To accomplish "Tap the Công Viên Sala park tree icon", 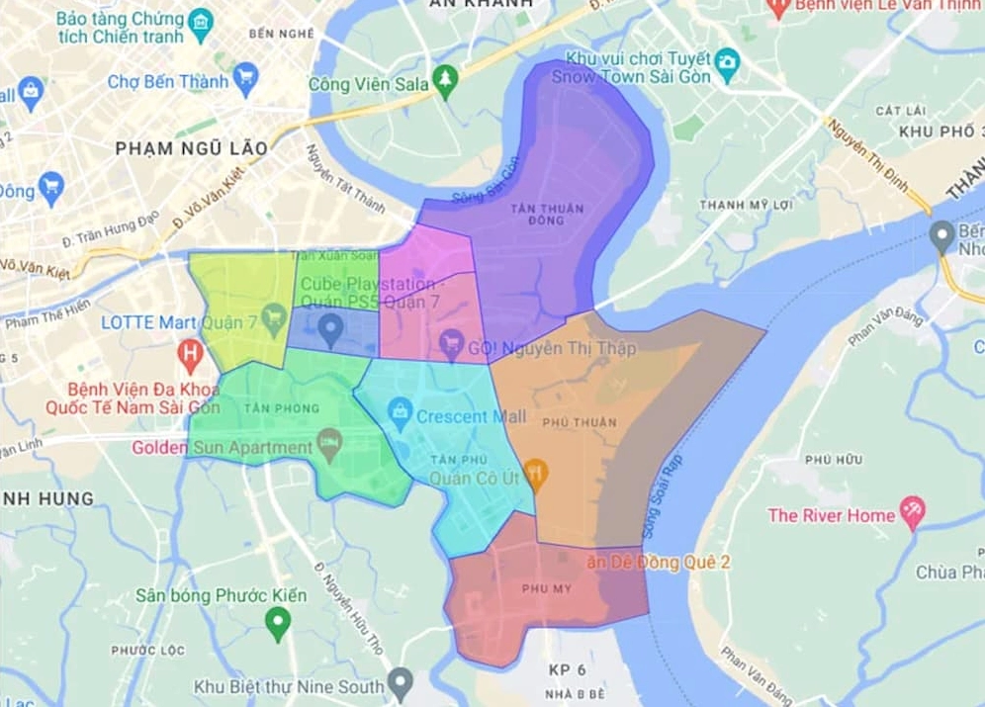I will click(x=447, y=78).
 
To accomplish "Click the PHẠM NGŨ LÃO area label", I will click(x=191, y=148).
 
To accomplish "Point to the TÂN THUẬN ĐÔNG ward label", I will click(x=547, y=214).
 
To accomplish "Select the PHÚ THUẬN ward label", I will click(x=586, y=422).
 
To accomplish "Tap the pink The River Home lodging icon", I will click(x=913, y=510).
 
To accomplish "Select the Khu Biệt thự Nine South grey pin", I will click(x=400, y=681).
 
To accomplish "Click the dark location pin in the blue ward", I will click(x=331, y=325).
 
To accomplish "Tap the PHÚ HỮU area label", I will click(x=833, y=460).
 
